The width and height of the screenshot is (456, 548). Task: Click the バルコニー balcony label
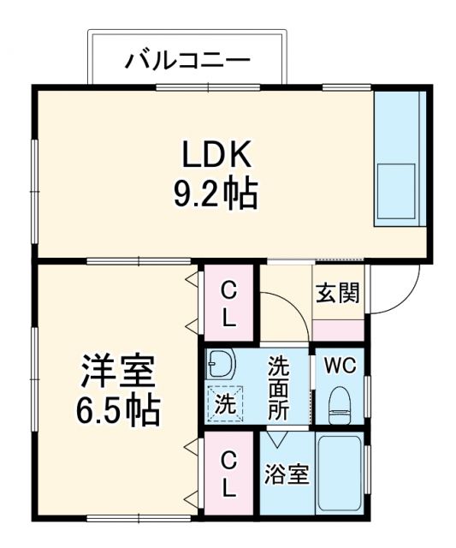[x=188, y=61]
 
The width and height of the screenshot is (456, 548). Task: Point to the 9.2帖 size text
[x=215, y=196]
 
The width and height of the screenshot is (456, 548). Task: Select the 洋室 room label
[x=117, y=374]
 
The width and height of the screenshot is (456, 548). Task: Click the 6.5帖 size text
[x=119, y=412]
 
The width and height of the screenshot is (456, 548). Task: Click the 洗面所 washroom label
[x=279, y=386]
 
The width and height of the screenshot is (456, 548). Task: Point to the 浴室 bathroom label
[x=287, y=474]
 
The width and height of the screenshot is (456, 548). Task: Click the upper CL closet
[x=228, y=303]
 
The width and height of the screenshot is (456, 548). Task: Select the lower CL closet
[x=228, y=475]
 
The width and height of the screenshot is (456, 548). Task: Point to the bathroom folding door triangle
[x=276, y=439]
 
